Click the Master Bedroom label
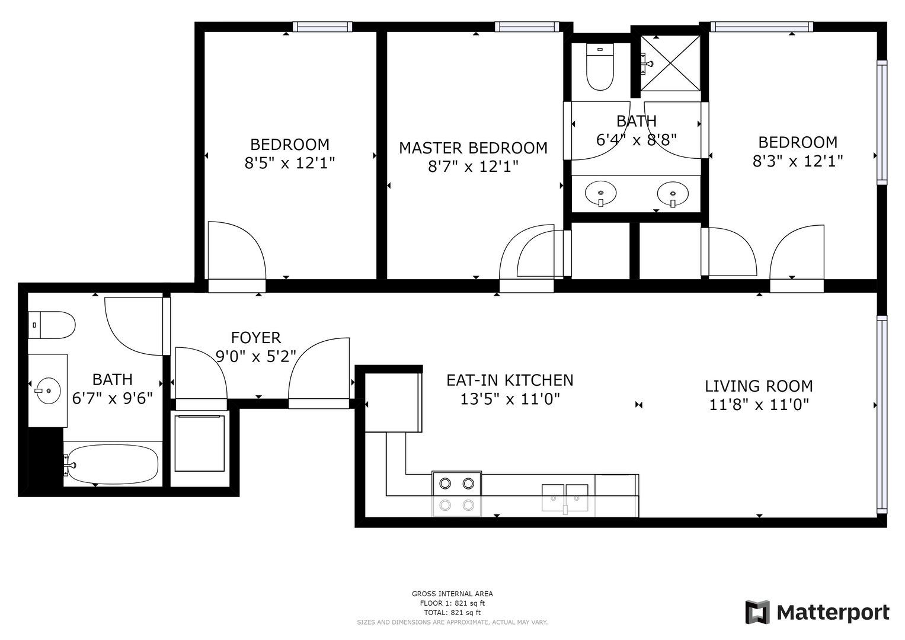click(473, 148)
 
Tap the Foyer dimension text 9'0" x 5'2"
click(256, 356)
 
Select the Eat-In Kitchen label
click(510, 380)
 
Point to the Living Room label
click(759, 386)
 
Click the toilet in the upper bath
click(600, 66)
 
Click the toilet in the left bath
click(52, 325)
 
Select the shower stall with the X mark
click(670, 63)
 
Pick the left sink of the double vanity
click(601, 193)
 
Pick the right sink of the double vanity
click(673, 194)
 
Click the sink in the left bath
click(47, 391)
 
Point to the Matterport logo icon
click(757, 612)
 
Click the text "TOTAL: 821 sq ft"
click(452, 613)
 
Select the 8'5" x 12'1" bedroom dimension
click(290, 163)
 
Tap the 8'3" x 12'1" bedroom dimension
click(798, 161)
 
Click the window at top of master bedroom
click(527, 27)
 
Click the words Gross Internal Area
click(452, 594)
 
